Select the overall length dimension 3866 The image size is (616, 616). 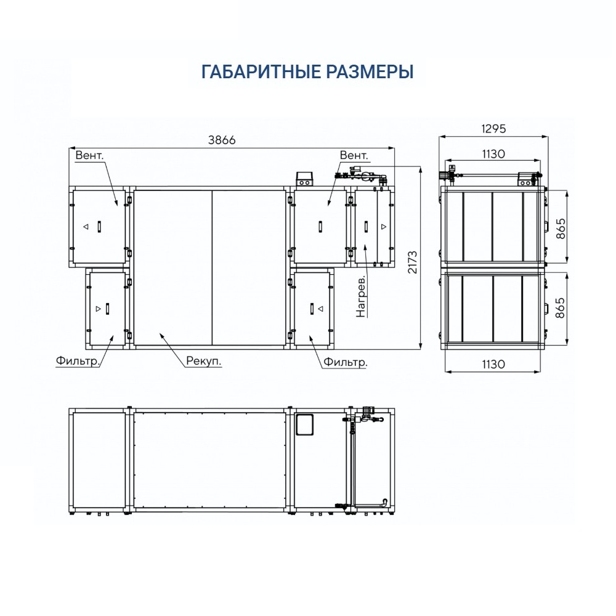tap(222, 140)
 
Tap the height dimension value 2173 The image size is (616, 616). tap(412, 262)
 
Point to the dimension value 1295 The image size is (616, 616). tap(493, 129)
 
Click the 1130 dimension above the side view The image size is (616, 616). tap(493, 153)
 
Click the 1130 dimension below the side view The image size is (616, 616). tap(493, 364)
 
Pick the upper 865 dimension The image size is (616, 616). tap(561, 229)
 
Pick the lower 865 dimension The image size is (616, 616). tap(561, 308)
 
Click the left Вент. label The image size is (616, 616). tap(89, 155)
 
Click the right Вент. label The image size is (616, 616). tap(354, 155)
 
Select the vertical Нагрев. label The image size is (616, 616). tap(361, 296)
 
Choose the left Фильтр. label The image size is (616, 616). tap(78, 360)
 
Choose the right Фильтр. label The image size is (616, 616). tap(346, 362)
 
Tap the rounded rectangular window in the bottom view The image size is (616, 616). tap(304, 424)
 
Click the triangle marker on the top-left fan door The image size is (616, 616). tap(86, 227)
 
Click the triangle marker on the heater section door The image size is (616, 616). tap(384, 227)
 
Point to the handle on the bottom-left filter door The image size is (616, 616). tap(107, 309)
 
